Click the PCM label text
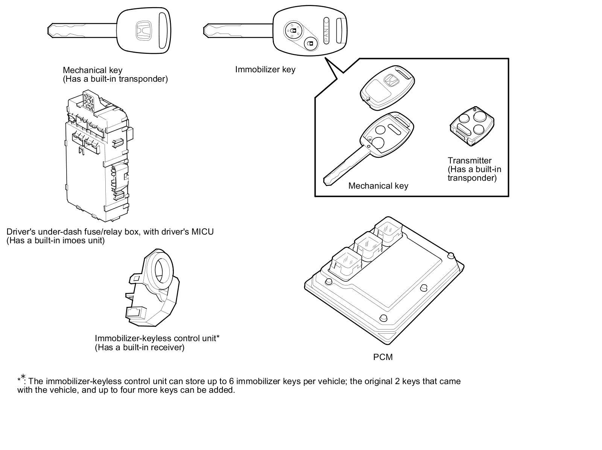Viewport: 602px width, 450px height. coord(383,357)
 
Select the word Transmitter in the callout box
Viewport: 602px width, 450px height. coord(470,160)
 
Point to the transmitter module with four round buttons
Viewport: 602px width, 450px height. coord(472,126)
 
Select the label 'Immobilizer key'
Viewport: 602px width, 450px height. coord(265,69)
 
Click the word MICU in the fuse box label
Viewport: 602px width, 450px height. coord(202,232)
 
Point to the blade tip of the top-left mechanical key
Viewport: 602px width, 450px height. coord(49,30)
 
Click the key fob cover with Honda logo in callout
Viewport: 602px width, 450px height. coord(387,87)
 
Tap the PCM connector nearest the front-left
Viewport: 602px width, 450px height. coord(347,264)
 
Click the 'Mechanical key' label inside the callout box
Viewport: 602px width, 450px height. coord(378,186)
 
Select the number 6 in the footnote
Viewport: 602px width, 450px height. coord(231,381)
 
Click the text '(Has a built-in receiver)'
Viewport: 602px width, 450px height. coord(140,348)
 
